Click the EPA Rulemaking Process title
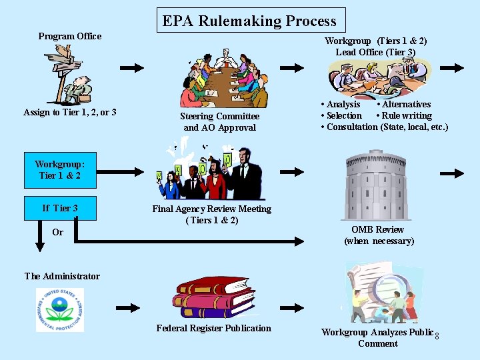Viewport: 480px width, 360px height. [251, 21]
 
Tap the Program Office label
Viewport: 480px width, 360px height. [70, 36]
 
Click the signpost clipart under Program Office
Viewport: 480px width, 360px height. [71, 73]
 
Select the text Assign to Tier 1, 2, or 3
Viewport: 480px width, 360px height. [70, 112]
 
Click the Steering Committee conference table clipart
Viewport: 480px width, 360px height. [223, 79]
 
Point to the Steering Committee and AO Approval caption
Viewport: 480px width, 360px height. [219, 121]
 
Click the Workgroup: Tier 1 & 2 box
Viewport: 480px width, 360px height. [60, 169]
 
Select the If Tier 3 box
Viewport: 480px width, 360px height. [60, 208]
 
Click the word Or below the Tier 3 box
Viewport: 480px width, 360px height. [58, 232]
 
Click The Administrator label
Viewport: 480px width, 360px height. [62, 276]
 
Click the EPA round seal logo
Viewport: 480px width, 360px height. [60, 309]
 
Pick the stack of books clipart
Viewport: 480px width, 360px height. [214, 296]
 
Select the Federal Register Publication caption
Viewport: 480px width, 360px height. [214, 328]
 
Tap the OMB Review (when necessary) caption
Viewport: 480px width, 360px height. [379, 235]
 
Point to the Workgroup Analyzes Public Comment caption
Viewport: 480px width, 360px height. [377, 337]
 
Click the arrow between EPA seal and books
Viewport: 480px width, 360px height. [129, 307]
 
